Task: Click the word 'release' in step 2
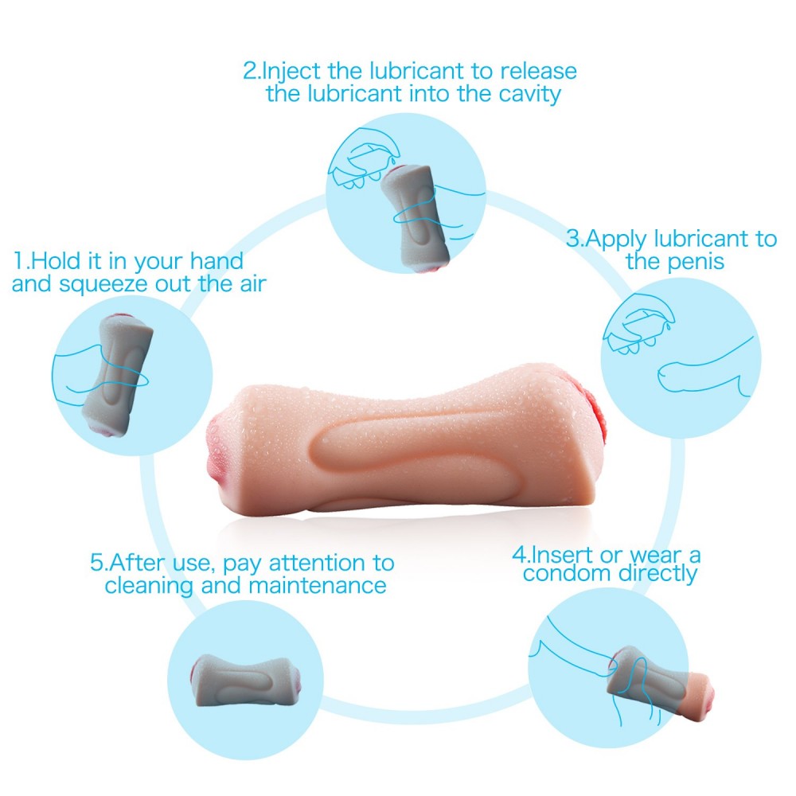coord(538,71)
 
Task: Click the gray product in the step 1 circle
coord(119,376)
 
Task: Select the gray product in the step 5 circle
coord(246,681)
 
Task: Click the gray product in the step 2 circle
coord(416,218)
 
